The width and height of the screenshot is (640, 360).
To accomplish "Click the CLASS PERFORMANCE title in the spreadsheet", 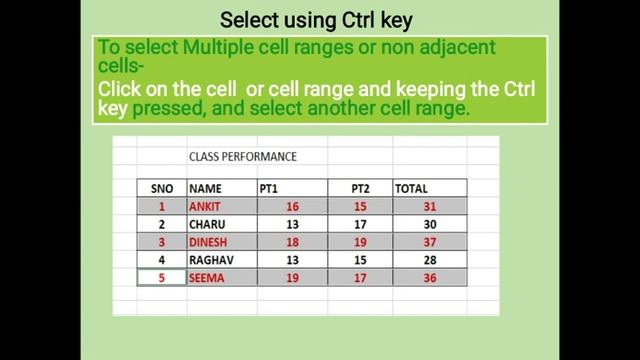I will [x=242, y=157].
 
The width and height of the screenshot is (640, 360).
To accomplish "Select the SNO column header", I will [x=162, y=188].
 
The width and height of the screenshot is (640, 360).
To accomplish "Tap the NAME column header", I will [x=205, y=188].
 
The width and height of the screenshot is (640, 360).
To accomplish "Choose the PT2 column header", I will [x=361, y=188].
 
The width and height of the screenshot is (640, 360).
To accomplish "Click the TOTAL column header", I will [x=411, y=188].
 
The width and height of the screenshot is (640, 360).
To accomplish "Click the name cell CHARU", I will [x=206, y=224].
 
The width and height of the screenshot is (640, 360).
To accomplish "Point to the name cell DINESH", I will [x=208, y=242].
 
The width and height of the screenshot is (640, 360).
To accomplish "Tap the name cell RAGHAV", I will [x=210, y=260].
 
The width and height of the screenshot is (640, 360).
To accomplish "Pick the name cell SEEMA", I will [x=206, y=278].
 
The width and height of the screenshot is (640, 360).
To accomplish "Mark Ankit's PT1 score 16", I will [x=292, y=206].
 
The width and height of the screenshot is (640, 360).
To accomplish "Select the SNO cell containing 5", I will [x=162, y=278].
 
